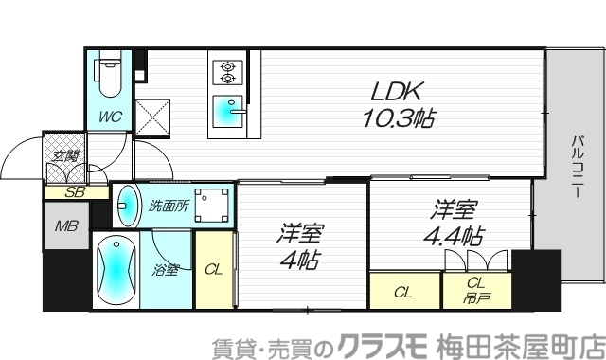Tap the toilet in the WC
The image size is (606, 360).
point(106,79)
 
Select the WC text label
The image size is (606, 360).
point(111,119)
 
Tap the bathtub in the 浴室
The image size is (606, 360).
point(113,268)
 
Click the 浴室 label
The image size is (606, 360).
point(166,270)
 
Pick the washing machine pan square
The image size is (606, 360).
point(212,205)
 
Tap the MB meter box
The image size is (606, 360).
point(65,227)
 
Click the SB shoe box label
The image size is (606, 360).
point(72,192)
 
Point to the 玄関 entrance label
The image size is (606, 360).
point(66,156)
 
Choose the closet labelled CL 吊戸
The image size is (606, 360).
point(477,288)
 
